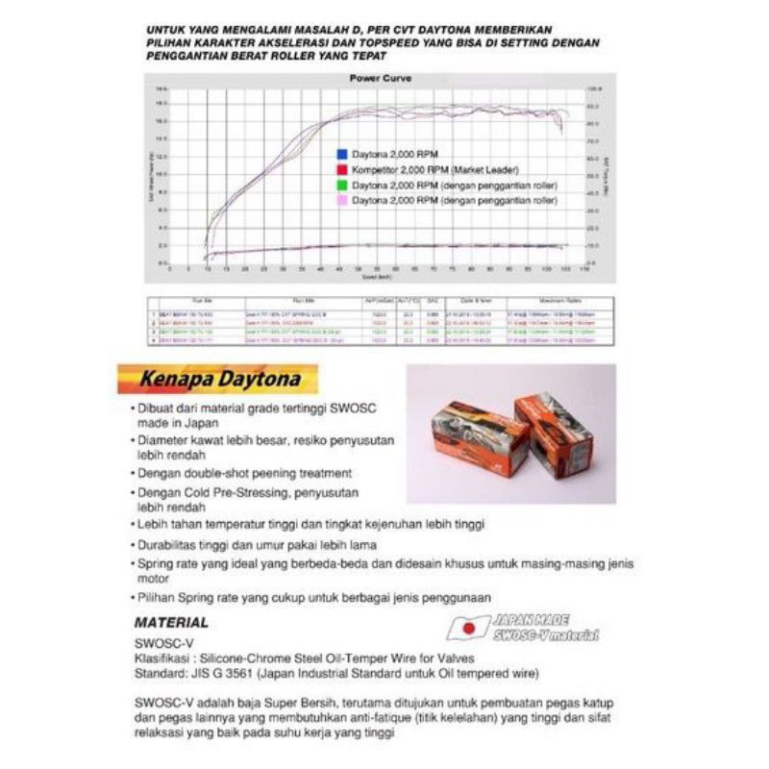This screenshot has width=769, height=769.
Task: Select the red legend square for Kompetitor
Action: (x=342, y=168)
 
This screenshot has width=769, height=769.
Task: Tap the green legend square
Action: (x=342, y=184)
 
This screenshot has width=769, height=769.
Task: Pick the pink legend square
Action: (x=342, y=199)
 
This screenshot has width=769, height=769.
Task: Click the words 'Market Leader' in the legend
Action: (x=484, y=168)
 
